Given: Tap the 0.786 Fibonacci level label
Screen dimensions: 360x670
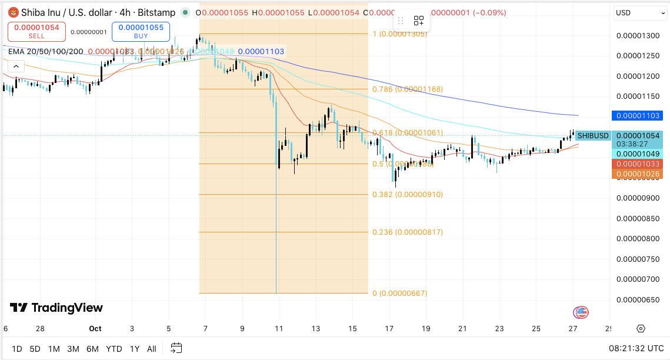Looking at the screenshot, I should point(408,89).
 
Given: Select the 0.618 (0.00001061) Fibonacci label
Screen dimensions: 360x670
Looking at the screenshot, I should point(408,133).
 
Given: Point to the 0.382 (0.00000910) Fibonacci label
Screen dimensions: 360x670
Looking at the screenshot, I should point(408,195).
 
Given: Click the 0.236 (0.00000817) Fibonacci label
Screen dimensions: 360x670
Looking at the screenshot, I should point(408,232).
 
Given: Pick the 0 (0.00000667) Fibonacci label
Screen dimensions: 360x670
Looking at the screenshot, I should point(399,294).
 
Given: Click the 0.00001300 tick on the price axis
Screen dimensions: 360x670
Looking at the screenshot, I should point(637,36).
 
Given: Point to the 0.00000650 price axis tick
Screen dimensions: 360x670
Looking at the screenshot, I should point(637,299).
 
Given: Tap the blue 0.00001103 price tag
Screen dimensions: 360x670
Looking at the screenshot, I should point(637,116).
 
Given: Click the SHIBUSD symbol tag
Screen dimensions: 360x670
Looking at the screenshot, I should point(592,136).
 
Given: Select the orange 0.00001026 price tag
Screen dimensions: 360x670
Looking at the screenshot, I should point(637,174).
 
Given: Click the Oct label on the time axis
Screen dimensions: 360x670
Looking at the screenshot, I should point(95,329).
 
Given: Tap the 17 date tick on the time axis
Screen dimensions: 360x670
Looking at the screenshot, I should point(389,329).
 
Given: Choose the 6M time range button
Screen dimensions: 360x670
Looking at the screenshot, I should point(92,349).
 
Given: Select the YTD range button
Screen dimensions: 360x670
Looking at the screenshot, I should point(114,349).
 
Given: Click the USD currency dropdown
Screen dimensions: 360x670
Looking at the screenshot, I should point(639,12).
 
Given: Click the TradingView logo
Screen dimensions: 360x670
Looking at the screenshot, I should point(56,308).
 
